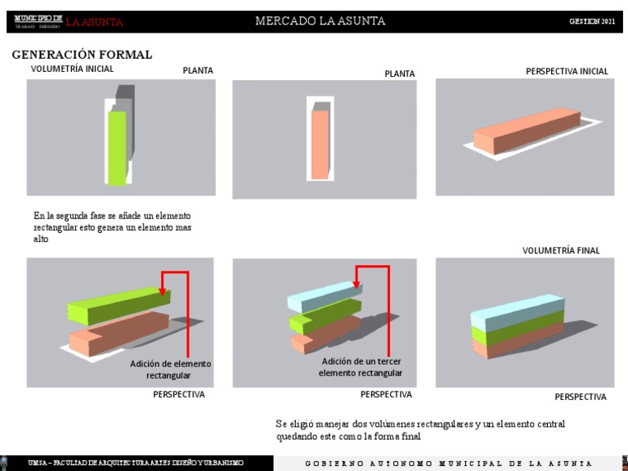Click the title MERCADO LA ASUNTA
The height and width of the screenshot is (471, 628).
click(x=320, y=21)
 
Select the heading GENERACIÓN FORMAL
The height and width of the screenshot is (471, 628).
click(x=82, y=55)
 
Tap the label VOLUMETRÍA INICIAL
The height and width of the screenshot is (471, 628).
click(x=72, y=69)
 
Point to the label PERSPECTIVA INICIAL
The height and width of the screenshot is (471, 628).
click(x=567, y=71)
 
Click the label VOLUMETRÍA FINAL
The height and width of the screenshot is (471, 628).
click(x=561, y=250)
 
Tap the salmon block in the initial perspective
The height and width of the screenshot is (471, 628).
click(x=523, y=131)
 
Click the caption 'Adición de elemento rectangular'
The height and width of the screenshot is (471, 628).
click(x=170, y=369)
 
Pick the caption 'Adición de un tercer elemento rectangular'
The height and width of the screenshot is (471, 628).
click(x=361, y=367)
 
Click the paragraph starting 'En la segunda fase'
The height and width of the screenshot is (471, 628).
click(x=112, y=227)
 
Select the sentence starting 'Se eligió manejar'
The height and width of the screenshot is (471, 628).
click(x=419, y=430)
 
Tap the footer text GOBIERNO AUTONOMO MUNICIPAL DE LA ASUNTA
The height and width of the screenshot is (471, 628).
click(x=448, y=464)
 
